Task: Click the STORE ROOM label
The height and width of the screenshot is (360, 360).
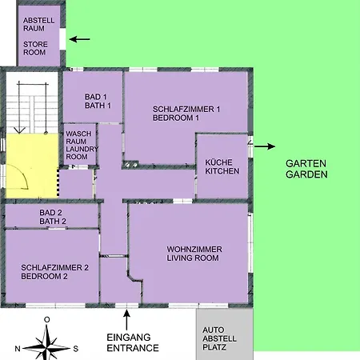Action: click(x=35, y=48)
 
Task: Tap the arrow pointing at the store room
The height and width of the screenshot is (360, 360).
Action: click(x=79, y=39)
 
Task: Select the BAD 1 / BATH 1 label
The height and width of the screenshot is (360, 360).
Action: click(x=98, y=101)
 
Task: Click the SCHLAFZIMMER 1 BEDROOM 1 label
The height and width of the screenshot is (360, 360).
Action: click(x=186, y=114)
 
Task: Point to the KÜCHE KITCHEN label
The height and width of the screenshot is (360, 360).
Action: click(x=222, y=166)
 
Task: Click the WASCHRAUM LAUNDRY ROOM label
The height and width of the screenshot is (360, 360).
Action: click(x=82, y=145)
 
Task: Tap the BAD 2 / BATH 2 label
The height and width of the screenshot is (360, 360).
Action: click(x=53, y=217)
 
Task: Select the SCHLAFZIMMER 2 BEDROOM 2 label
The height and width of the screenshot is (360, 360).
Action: click(x=54, y=272)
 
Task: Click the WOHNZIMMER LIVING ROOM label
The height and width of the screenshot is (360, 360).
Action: click(x=194, y=254)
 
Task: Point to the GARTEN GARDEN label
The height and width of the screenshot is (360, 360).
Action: click(x=306, y=169)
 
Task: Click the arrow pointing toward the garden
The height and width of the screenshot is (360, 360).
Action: click(x=265, y=146)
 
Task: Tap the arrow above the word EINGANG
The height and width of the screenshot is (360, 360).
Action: click(x=126, y=319)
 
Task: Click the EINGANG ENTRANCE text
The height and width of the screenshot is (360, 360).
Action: click(x=133, y=342)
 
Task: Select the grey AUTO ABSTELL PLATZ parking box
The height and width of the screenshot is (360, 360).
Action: click(x=225, y=334)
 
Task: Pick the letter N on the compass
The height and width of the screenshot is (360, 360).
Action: click(x=18, y=349)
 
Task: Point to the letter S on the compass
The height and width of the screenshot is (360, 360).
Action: click(x=76, y=349)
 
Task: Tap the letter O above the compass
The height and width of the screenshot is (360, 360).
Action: click(x=47, y=319)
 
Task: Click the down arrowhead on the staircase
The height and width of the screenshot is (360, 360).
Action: click(x=19, y=130)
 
